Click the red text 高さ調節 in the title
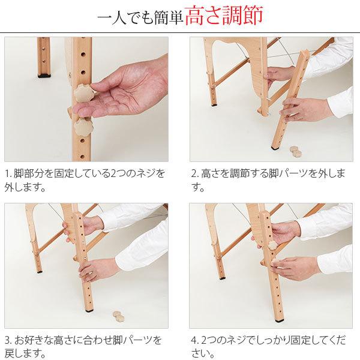tap(224, 16)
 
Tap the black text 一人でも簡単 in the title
tap(140, 17)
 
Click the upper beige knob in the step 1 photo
tap(83, 93)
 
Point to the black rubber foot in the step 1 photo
tap(44, 76)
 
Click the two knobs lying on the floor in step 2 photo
tap(295, 151)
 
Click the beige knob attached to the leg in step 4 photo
tap(273, 245)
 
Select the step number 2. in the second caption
tap(195, 173)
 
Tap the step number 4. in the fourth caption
tap(195, 340)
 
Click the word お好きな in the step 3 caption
tap(34, 340)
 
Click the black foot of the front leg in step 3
tap(89, 311)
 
